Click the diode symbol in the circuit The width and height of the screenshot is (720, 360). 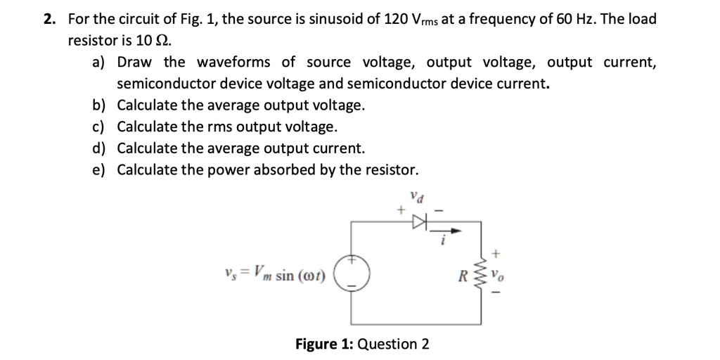(x=420, y=222)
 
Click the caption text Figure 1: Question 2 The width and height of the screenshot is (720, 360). (x=361, y=344)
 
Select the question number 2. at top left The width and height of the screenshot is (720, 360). (x=49, y=19)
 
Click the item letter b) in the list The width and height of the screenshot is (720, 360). (x=99, y=105)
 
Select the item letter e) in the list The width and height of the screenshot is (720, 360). (x=99, y=170)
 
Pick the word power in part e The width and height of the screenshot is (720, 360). (x=229, y=170)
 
